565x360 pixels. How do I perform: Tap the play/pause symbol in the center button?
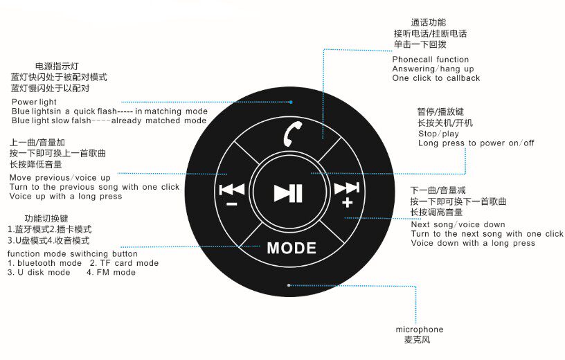[x=287, y=192]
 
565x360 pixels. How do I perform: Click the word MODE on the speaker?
[x=292, y=248]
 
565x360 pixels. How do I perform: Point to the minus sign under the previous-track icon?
[x=231, y=204]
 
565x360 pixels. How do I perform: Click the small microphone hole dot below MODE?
[x=289, y=285]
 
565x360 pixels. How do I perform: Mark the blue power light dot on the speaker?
[x=292, y=102]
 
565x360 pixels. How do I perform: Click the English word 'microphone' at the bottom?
[x=420, y=330]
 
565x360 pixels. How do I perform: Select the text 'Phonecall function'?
[x=430, y=60]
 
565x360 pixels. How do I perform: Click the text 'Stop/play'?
[x=438, y=134]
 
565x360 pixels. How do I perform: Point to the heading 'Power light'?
[x=34, y=102]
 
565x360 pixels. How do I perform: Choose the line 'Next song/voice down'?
[x=458, y=224]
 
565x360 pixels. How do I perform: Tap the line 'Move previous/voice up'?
[x=60, y=178]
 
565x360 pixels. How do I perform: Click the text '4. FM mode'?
[x=111, y=272]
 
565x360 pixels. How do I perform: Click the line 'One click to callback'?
[x=436, y=78]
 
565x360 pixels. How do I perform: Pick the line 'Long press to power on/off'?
[x=476, y=143]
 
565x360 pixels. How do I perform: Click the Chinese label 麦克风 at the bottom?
[x=418, y=340]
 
